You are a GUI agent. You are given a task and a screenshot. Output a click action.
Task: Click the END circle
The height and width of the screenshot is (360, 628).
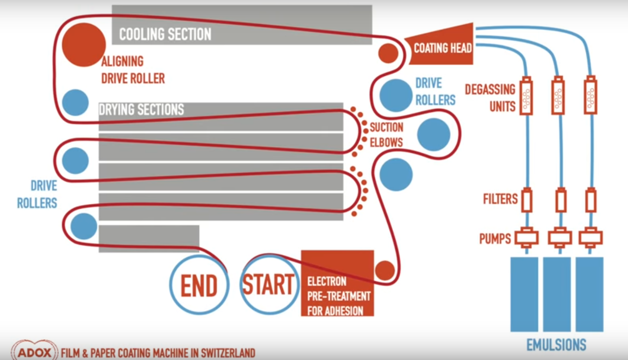pos(199,285)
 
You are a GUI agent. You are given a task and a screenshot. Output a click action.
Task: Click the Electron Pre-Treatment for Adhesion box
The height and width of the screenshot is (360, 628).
pos(337,283)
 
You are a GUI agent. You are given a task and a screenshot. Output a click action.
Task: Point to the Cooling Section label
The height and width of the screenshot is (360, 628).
pos(165,34)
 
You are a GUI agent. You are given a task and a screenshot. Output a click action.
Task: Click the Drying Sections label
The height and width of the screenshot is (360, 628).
pos(141,110)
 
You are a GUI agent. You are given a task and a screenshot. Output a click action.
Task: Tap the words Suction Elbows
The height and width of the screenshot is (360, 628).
pos(386,135)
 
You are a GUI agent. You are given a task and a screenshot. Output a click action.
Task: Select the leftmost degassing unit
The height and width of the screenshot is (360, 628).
pos(526,96)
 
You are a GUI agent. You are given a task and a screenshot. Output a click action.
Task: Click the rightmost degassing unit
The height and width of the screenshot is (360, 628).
pos(590,96)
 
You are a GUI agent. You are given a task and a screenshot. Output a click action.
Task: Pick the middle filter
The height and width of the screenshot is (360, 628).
pos(561,201)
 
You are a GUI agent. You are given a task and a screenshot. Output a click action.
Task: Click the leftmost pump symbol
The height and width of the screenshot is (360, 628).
pos(526,237)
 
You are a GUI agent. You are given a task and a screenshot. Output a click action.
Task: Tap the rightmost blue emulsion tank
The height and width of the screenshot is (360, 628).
pos(590,294)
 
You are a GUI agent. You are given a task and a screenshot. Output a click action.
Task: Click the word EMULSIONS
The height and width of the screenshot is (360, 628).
pos(556,345)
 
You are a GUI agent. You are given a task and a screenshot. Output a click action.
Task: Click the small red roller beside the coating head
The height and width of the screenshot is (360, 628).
pos(388,53)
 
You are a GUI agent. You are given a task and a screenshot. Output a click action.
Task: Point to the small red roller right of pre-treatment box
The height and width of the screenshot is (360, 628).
pos(385,270)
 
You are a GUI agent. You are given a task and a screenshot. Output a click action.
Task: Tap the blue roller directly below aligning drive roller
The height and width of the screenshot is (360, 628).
pos(75,102)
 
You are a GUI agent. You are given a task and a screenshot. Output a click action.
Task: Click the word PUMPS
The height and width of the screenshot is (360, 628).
pos(495,238)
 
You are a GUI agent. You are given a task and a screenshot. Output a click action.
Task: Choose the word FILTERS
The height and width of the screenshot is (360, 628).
pos(501,199)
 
